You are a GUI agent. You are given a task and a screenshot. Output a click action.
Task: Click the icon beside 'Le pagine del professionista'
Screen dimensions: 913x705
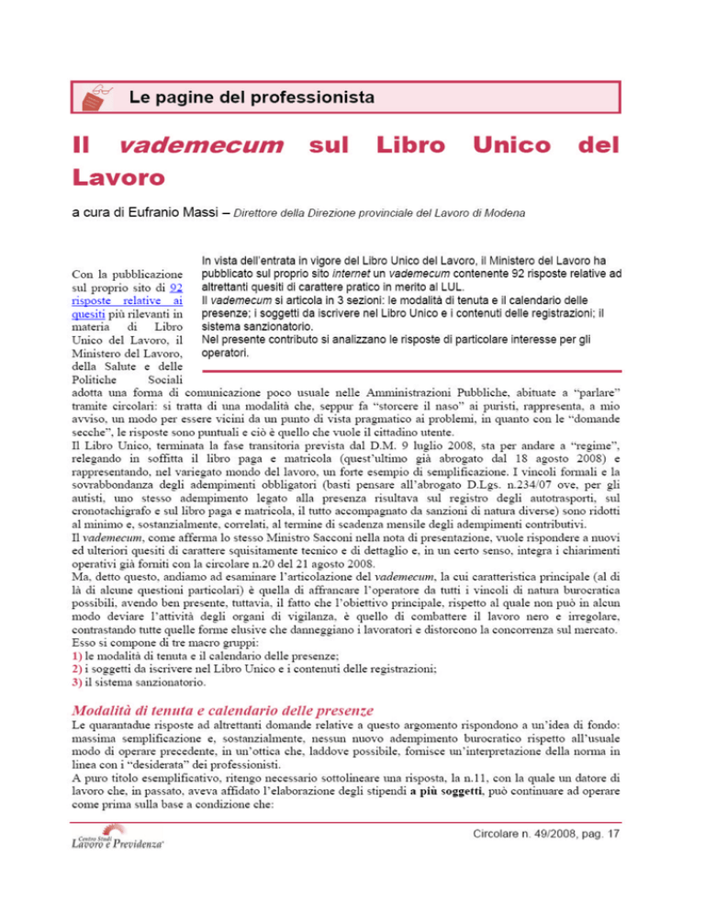95,94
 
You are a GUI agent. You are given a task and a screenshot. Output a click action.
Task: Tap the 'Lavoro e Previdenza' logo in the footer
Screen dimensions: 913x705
114,868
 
